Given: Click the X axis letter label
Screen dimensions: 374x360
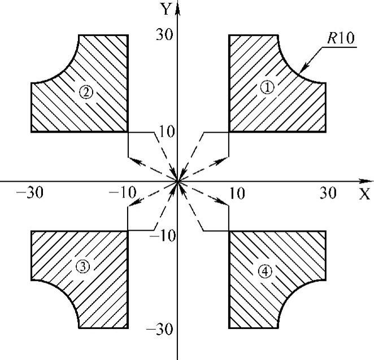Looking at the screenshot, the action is [x=365, y=195].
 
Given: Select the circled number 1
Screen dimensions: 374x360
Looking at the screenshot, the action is [x=268, y=87].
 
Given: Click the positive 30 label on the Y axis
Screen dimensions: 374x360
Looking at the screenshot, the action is [x=164, y=34].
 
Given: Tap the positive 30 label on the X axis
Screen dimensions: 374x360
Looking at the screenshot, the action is [x=328, y=194].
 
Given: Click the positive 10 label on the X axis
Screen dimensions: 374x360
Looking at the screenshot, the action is [x=237, y=194].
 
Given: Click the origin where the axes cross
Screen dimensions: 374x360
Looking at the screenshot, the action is [x=178, y=181].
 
